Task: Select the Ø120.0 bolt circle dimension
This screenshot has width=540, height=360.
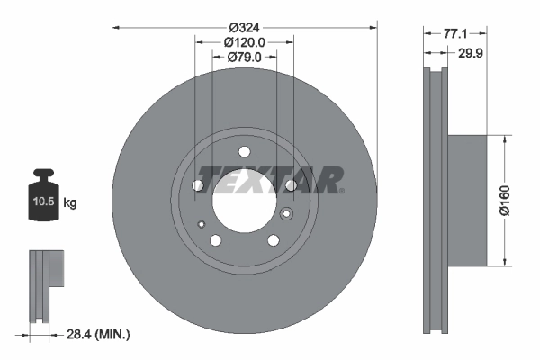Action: tap(244, 41)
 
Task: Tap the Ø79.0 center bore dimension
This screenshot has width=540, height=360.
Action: tap(244, 58)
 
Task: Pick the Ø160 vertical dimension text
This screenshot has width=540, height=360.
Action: tap(508, 202)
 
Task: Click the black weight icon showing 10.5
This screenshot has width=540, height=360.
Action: tap(44, 193)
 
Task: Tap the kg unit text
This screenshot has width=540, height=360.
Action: tap(69, 204)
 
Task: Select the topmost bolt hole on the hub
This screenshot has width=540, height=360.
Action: tap(244, 152)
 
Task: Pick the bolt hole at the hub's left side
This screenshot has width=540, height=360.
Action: tap(198, 185)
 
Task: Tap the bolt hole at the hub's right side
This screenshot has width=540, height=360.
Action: tap(290, 185)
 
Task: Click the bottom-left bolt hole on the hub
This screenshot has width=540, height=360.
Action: tap(215, 239)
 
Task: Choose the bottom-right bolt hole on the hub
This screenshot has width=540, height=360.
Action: tap(273, 239)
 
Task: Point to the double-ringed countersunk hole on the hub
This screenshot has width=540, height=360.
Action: tap(287, 214)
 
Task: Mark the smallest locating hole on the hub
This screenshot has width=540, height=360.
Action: tap(203, 224)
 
